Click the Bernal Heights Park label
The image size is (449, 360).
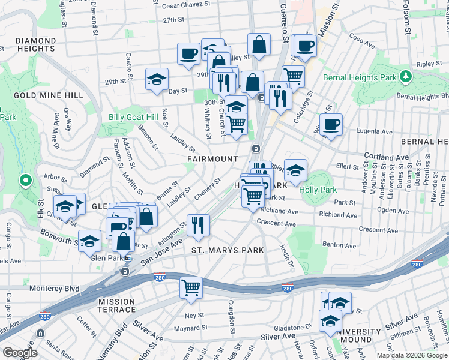(x=360, y=77)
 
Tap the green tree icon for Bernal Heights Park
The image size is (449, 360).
(x=406, y=76)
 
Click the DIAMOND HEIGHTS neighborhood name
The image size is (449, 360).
(x=36, y=44)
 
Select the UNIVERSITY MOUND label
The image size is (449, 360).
(x=359, y=335)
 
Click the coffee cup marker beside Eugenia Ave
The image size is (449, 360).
(x=331, y=125)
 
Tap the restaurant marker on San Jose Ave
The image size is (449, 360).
(x=198, y=225)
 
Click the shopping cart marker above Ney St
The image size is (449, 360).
(x=191, y=287)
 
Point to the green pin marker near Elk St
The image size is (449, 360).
(x=25, y=179)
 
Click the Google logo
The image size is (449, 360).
(x=20, y=353)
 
